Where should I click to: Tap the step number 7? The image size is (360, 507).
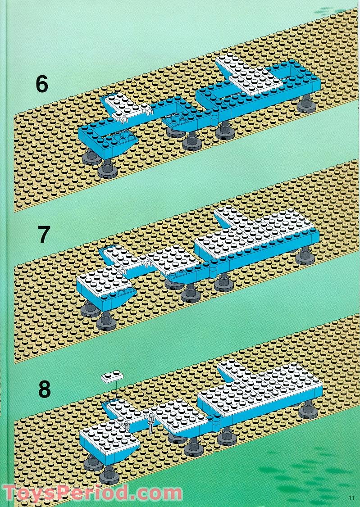point(43,235)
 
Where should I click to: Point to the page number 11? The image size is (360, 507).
point(351,498)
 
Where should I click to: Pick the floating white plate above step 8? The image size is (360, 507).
point(113,377)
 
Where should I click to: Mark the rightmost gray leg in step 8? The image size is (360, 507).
point(308,408)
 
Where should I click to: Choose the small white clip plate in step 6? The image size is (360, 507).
point(128,109)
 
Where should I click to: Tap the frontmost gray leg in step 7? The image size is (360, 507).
point(106,320)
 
